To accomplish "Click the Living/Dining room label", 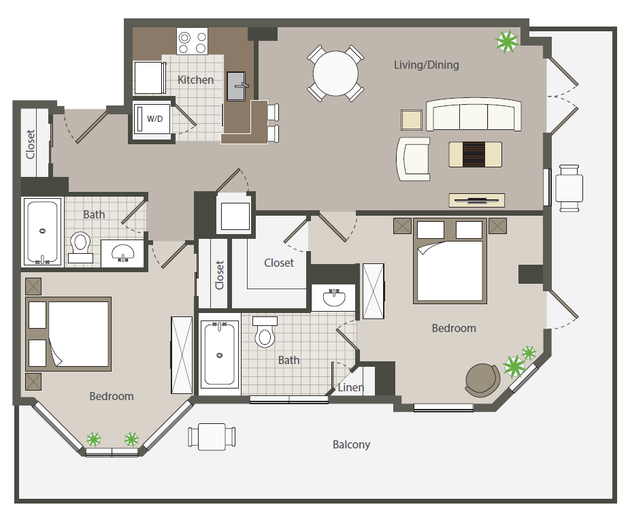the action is pos(426,65).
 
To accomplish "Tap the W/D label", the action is pos(154,118).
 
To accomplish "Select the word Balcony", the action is pos(351,444).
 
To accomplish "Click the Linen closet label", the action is pos(351,387).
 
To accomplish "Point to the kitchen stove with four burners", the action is pos(193,41).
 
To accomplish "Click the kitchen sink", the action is pos(236,86).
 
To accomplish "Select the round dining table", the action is pos(335,73).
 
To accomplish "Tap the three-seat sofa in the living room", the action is pos(474,114).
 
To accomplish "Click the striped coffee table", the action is pos(475,154).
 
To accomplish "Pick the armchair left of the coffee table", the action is pos(413,159).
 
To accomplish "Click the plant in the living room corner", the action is pos(507,42).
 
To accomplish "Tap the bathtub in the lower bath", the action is pos(219,354).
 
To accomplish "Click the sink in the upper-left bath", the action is pos(122,253).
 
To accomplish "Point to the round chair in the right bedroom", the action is pos(482,380).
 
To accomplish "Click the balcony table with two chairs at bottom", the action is pos(212,437).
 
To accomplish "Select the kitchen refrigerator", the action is pos(150,78).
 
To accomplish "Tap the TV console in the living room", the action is pos(476,200).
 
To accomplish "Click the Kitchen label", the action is pos(195,80).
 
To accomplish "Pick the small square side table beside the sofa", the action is pos(412,120).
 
